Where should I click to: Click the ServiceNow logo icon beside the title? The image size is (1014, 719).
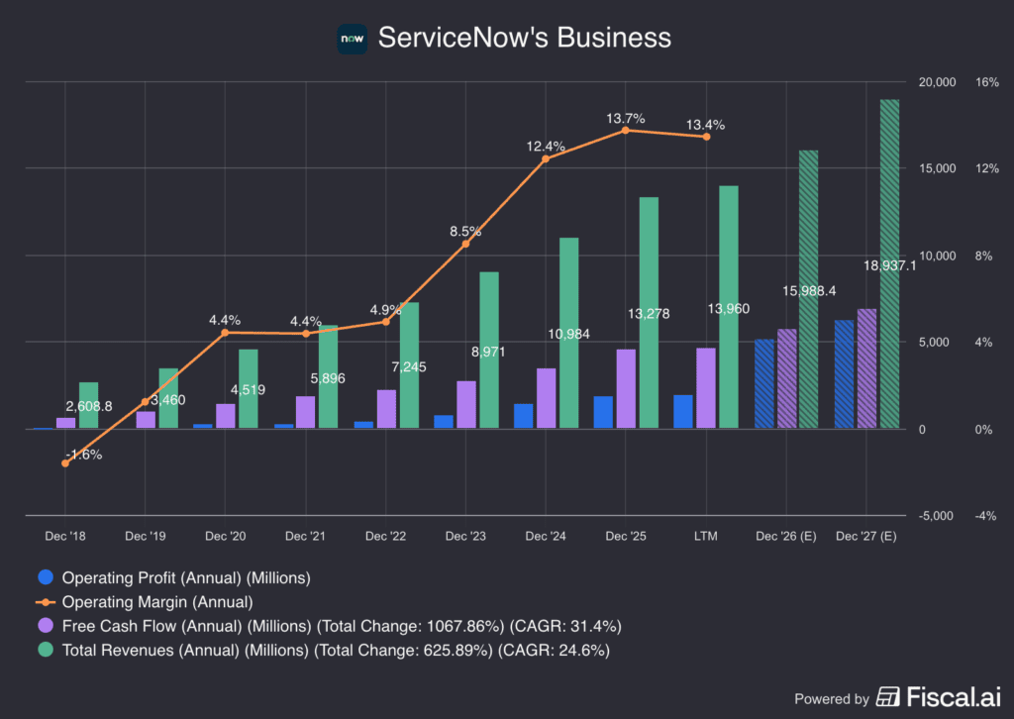[352, 39]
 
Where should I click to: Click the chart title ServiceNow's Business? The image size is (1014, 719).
[524, 38]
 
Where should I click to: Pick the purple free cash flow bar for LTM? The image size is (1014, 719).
[705, 388]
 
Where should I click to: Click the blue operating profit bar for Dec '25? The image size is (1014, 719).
[603, 412]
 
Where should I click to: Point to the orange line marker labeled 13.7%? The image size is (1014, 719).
[625, 131]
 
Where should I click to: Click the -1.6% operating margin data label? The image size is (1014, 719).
[83, 455]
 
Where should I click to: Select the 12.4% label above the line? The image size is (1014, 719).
[546, 147]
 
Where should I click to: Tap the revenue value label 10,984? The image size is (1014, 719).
[568, 334]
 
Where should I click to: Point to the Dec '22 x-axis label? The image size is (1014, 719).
[385, 536]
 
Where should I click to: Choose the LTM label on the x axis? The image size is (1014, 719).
[705, 536]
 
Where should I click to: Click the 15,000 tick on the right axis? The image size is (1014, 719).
[936, 168]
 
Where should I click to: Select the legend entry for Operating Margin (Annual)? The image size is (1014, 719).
[156, 601]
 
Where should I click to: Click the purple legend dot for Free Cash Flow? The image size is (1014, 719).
[44, 626]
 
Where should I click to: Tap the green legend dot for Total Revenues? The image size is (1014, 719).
[44, 650]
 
